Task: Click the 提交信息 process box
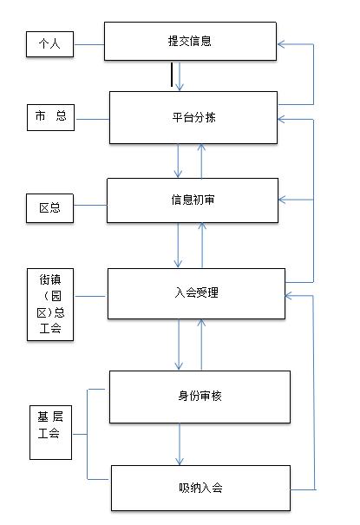click(x=190, y=41)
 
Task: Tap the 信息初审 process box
click(x=192, y=200)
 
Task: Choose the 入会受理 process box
click(x=195, y=293)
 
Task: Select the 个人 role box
click(x=48, y=43)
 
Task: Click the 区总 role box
click(x=49, y=209)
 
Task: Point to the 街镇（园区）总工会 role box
click(x=50, y=304)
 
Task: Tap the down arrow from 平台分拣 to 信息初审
click(x=179, y=159)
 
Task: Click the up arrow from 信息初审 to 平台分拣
click(x=201, y=159)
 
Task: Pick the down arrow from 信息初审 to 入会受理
click(x=179, y=245)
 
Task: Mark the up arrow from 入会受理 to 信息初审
click(x=202, y=245)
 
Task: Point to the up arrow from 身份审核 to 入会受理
click(x=202, y=345)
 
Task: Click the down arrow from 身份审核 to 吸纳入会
click(x=180, y=443)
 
